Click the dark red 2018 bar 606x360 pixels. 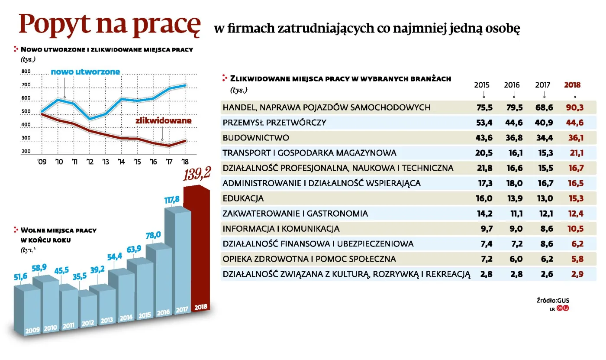click(x=196, y=247)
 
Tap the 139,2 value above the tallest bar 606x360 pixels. click(x=197, y=175)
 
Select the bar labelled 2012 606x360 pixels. click(x=88, y=310)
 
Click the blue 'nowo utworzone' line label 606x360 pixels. click(x=85, y=71)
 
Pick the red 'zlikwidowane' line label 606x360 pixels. click(x=163, y=121)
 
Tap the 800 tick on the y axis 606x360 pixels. click(x=26, y=71)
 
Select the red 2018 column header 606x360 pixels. click(x=572, y=85)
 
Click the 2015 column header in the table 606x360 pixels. click(x=482, y=85)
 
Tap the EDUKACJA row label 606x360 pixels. click(x=243, y=198)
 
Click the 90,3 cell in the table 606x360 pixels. click(x=575, y=107)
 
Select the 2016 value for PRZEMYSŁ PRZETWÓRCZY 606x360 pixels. click(x=514, y=123)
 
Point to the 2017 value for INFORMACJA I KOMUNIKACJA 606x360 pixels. click(x=544, y=229)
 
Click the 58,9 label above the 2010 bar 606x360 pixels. click(x=39, y=268)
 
